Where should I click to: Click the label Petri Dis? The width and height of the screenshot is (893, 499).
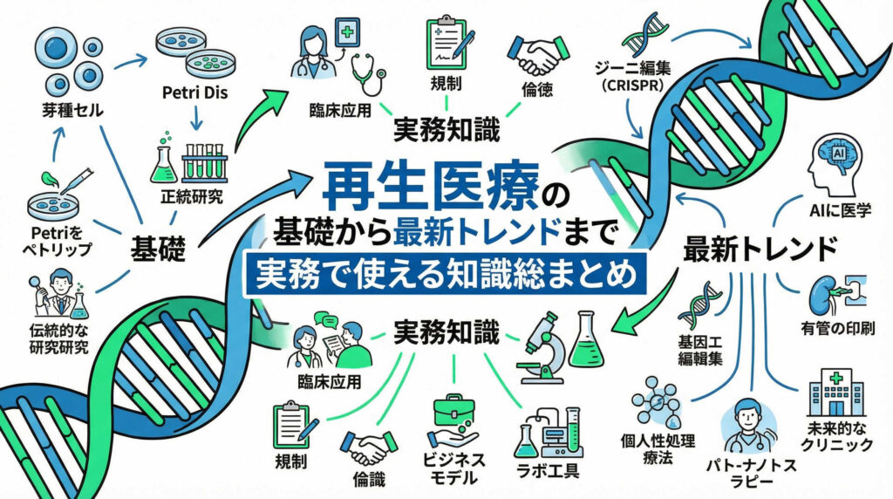[x=194, y=92]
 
